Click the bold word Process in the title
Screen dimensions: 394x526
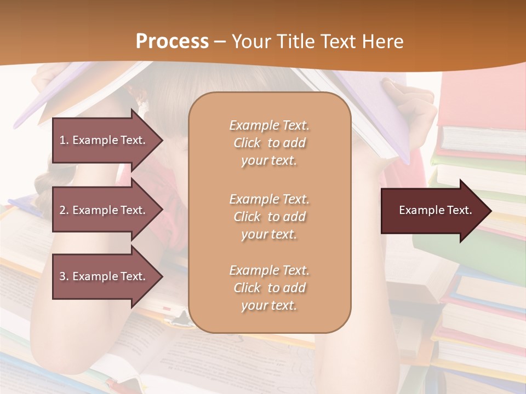coord(172,42)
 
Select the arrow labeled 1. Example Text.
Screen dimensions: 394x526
coord(104,140)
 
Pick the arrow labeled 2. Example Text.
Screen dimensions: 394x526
coord(104,210)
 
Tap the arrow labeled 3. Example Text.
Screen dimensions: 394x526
coord(104,276)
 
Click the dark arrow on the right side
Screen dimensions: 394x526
coord(433,211)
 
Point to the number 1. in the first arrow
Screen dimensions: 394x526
coord(64,140)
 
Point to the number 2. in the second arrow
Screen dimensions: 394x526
coord(64,210)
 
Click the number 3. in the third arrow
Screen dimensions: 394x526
coord(64,276)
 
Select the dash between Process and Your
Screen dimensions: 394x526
coord(220,42)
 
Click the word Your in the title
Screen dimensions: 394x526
coord(249,42)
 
